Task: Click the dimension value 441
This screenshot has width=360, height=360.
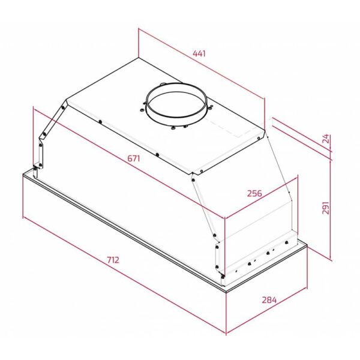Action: pos(199,53)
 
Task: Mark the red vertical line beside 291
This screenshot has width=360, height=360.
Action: pos(331,210)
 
